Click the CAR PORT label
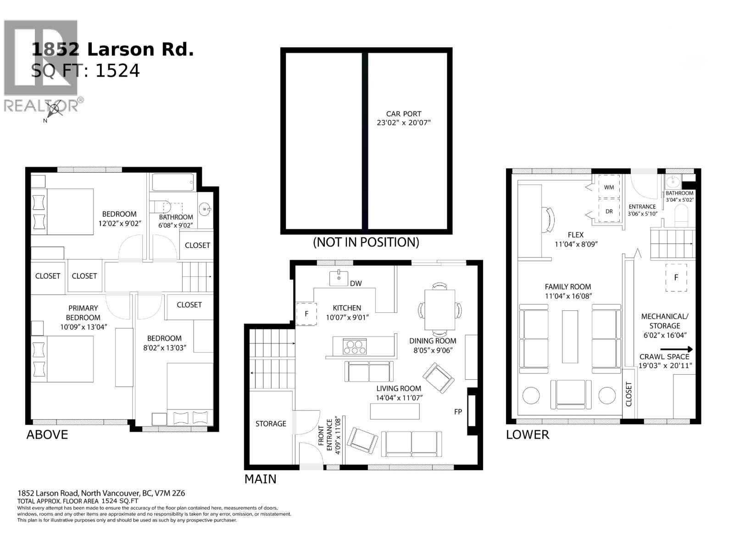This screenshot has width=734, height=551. coord(403,114)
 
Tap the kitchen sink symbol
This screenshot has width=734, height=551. coord(339,278)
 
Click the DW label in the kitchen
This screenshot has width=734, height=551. coord(356,283)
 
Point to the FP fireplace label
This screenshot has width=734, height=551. coord(458,412)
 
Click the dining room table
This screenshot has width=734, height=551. coord(439,310)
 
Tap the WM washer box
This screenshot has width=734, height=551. coord(609,187)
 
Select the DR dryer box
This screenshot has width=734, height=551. coord(609,212)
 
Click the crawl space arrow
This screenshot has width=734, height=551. coord(676,349)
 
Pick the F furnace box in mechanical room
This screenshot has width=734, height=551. coord(676,277)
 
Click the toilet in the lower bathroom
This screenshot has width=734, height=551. coord(682,214)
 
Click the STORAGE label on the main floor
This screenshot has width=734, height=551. coord(271,424)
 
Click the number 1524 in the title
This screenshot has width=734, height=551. coord(117,70)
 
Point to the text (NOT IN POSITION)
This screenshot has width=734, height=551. coord(366,242)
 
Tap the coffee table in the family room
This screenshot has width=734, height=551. coord(570,337)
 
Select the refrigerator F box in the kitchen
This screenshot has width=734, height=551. coord(306,314)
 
